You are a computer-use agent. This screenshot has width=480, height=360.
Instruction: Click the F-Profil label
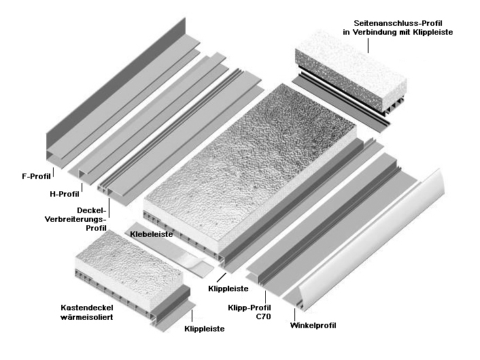tap(36, 176)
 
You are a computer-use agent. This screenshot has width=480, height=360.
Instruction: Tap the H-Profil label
tap(65, 194)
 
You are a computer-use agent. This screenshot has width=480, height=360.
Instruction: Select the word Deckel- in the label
tap(92, 210)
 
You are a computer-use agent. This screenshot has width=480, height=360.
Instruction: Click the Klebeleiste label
tap(151, 234)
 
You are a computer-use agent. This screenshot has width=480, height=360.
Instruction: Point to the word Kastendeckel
tap(87, 308)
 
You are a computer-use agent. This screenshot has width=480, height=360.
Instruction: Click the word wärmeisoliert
tap(87, 317)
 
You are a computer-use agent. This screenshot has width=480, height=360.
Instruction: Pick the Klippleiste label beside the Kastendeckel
tap(205, 329)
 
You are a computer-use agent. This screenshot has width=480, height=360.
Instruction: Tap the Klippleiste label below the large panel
tap(228, 289)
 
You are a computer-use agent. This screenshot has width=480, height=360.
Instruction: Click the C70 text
tap(263, 316)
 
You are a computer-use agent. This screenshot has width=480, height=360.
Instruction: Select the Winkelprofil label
tap(313, 325)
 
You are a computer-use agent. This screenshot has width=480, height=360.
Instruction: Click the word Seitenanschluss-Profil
tap(398, 23)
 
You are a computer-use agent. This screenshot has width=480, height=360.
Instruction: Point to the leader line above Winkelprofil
tap(295, 314)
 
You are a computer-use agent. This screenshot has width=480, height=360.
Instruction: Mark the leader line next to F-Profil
tap(53, 172)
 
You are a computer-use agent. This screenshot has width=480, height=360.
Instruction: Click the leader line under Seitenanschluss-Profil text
tap(368, 46)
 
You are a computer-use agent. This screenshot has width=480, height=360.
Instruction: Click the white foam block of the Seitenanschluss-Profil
tap(351, 71)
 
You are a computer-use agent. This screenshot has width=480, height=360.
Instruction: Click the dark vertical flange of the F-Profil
tap(116, 76)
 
